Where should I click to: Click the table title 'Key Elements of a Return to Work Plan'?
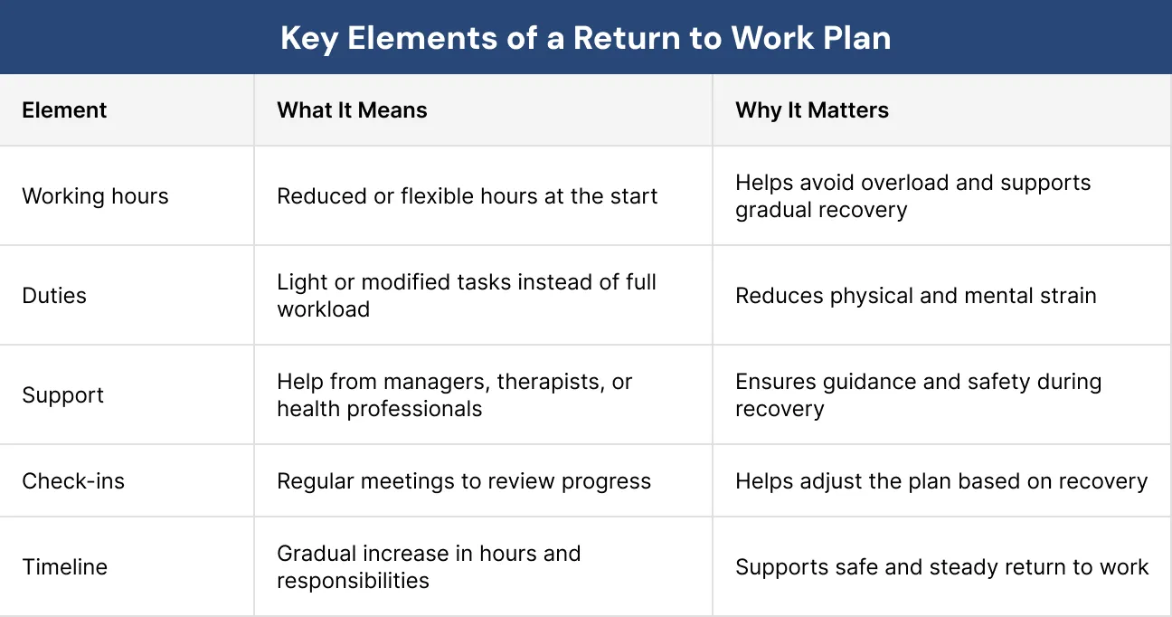585,38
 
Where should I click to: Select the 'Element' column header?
64,110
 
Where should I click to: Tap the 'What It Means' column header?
352,110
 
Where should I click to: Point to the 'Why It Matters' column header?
811,110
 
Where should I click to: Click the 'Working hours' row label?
95,196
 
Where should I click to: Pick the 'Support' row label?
62,395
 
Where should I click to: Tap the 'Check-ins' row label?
73,480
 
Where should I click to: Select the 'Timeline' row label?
64,567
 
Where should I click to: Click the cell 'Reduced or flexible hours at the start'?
467,196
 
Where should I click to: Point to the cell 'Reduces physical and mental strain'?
915,296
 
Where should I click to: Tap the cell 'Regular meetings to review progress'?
463,480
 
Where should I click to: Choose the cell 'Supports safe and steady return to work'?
941,567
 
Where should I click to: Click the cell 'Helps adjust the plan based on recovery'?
940,480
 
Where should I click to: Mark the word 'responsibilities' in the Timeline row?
353,581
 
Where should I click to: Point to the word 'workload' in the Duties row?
323,309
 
